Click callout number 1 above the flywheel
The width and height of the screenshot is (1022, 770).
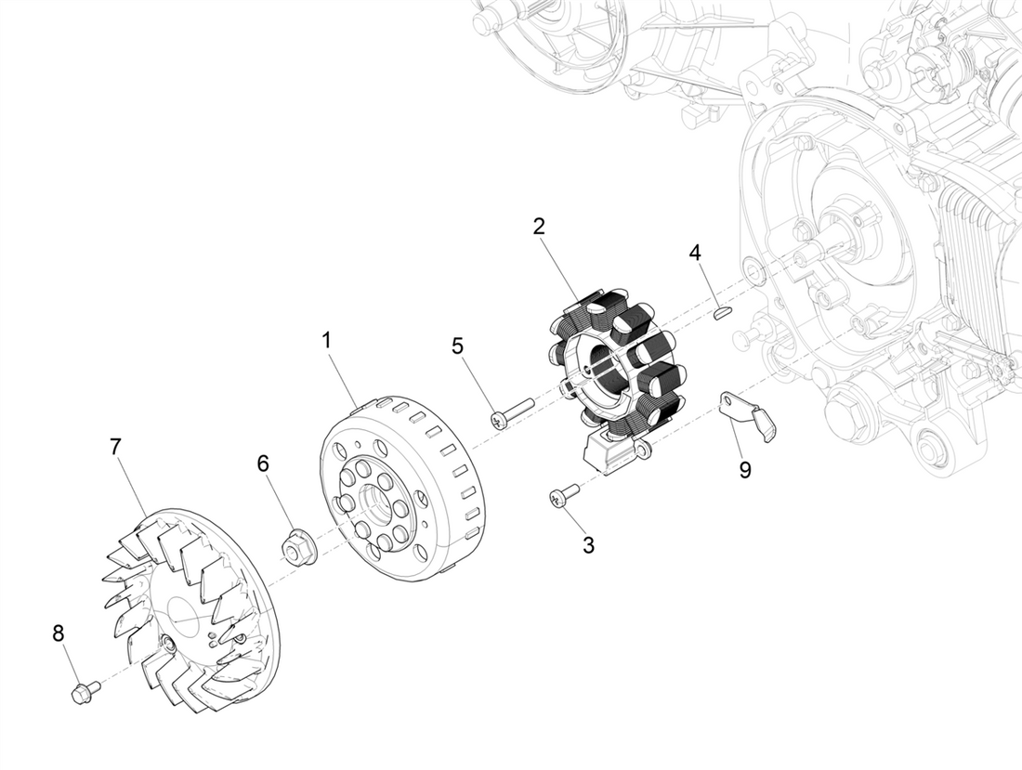click(326, 341)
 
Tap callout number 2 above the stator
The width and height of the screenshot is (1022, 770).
click(539, 226)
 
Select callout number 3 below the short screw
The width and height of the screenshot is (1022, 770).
click(588, 545)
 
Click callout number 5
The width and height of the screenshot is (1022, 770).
click(457, 346)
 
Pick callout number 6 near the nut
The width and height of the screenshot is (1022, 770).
click(264, 463)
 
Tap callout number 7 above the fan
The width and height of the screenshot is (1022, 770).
click(115, 447)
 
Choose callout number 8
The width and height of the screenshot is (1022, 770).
click(59, 633)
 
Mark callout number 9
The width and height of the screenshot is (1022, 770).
click(745, 470)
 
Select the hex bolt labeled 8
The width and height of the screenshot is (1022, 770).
click(85, 691)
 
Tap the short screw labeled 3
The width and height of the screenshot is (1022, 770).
click(563, 496)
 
